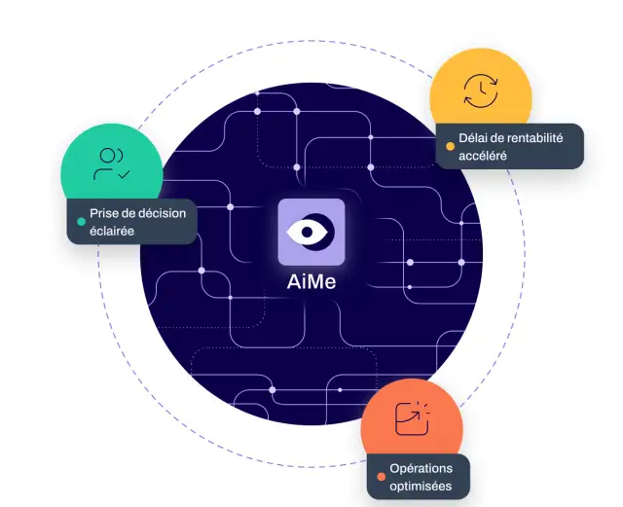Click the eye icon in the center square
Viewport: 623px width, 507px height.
(x=311, y=232)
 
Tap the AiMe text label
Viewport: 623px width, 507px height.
(x=311, y=281)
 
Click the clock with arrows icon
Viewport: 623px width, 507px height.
(x=481, y=91)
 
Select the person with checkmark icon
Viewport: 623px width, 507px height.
(x=111, y=163)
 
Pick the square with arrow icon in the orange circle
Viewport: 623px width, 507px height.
(x=412, y=418)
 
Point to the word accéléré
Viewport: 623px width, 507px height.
(x=483, y=156)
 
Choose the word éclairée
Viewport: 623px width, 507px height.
(x=112, y=231)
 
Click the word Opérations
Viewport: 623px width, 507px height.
(x=421, y=468)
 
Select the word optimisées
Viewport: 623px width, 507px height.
(x=421, y=486)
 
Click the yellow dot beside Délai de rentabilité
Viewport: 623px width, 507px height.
(x=450, y=146)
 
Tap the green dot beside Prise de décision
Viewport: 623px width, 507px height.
(x=81, y=222)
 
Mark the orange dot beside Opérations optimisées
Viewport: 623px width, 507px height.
(x=381, y=477)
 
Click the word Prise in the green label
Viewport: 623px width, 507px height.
(x=103, y=213)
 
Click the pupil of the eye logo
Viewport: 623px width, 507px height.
(x=307, y=232)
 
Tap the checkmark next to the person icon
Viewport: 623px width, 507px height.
(x=125, y=174)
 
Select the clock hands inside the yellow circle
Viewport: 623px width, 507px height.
(x=482, y=89)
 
